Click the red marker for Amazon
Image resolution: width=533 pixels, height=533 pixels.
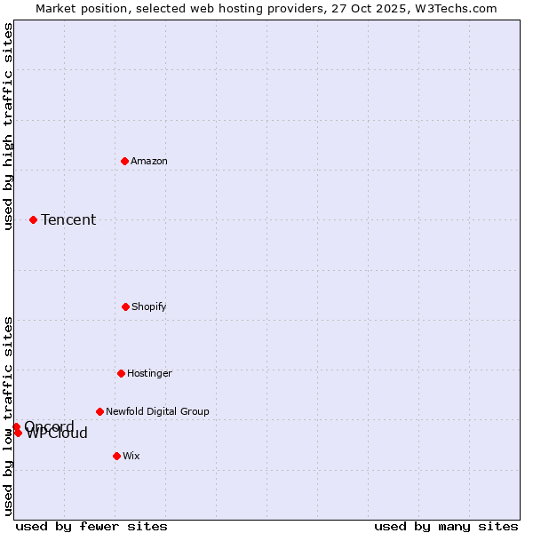(124, 161)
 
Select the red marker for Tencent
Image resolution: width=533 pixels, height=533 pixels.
(33, 219)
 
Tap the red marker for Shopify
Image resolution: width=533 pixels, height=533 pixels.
(125, 306)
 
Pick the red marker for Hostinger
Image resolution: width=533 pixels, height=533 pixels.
(121, 373)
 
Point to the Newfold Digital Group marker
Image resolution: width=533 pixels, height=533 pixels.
(99, 411)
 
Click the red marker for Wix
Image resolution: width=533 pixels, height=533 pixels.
(116, 456)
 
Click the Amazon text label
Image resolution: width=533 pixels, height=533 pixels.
(149, 161)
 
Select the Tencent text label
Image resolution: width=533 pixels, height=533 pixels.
(68, 219)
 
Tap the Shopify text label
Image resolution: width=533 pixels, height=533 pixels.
(149, 306)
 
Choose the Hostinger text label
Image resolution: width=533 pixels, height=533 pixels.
(149, 373)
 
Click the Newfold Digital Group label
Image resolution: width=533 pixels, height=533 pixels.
(157, 411)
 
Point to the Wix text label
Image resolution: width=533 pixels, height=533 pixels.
(131, 456)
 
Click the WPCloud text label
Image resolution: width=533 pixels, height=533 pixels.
(58, 434)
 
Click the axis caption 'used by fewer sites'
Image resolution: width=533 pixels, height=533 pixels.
(91, 526)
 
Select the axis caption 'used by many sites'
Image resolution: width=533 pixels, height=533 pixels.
(446, 526)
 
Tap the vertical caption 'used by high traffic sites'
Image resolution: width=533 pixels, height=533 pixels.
(8, 126)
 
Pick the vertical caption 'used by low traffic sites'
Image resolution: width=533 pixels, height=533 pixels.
(8, 416)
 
